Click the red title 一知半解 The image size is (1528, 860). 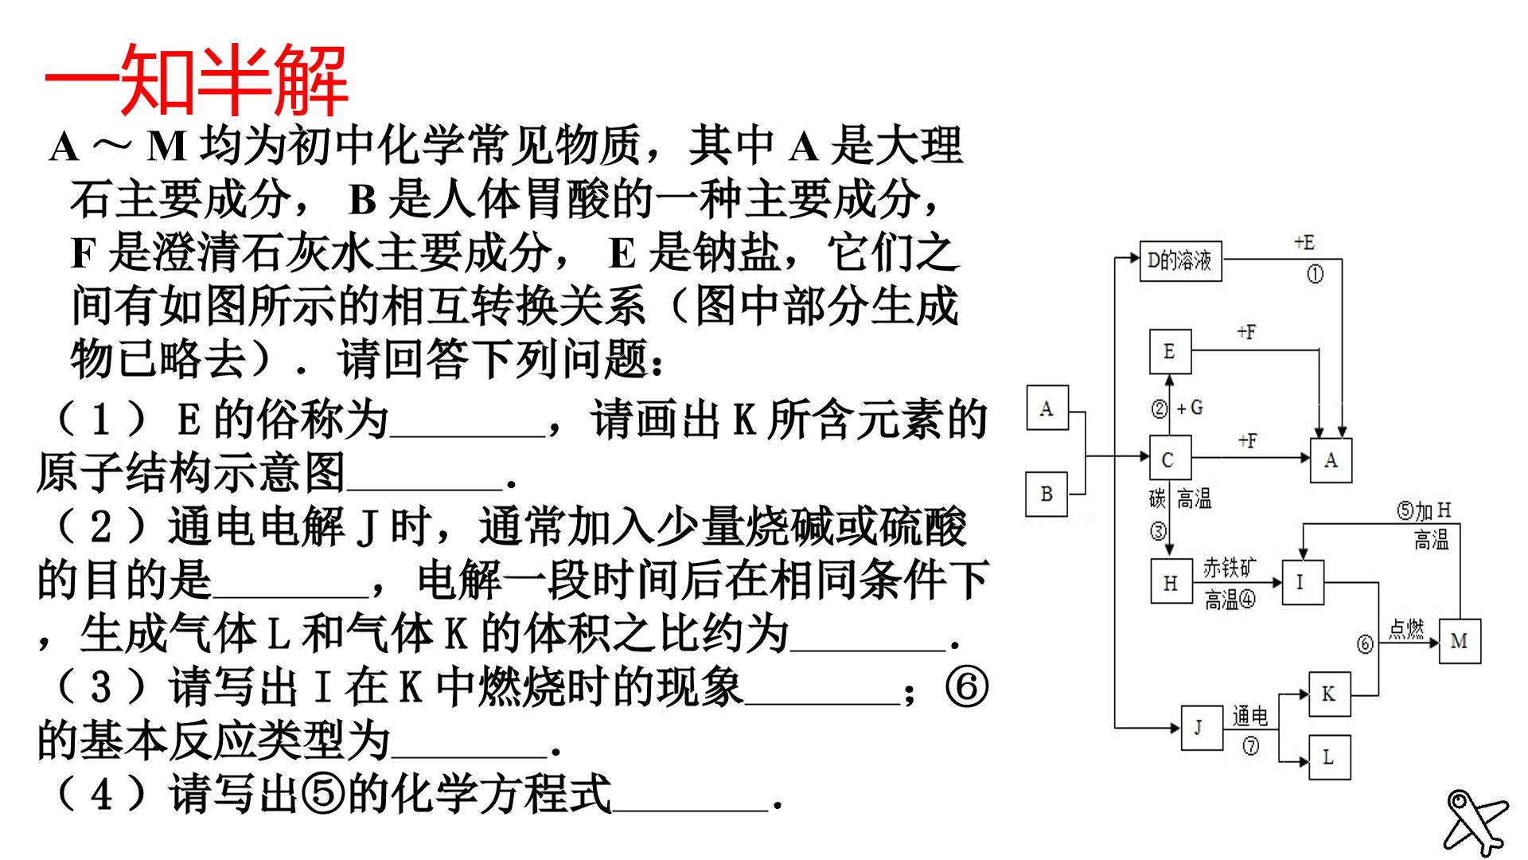[196, 80]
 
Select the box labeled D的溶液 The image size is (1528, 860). [1180, 260]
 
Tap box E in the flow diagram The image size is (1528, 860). [1170, 351]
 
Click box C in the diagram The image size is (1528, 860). [1170, 459]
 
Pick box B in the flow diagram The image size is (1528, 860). [1047, 494]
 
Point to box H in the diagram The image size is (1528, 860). [1171, 582]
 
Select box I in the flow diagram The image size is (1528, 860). [1302, 582]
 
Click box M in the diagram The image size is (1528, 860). [1460, 641]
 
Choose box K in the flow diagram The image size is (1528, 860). [1329, 694]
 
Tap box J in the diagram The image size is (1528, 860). [1201, 727]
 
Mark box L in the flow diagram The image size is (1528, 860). [1329, 757]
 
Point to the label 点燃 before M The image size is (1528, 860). [1406, 629]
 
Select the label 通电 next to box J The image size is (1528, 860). [1250, 717]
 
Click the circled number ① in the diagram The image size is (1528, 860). [1315, 274]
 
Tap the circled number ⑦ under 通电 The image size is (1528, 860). [1251, 746]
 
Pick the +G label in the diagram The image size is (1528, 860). [1190, 408]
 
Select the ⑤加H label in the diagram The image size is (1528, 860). [1425, 510]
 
